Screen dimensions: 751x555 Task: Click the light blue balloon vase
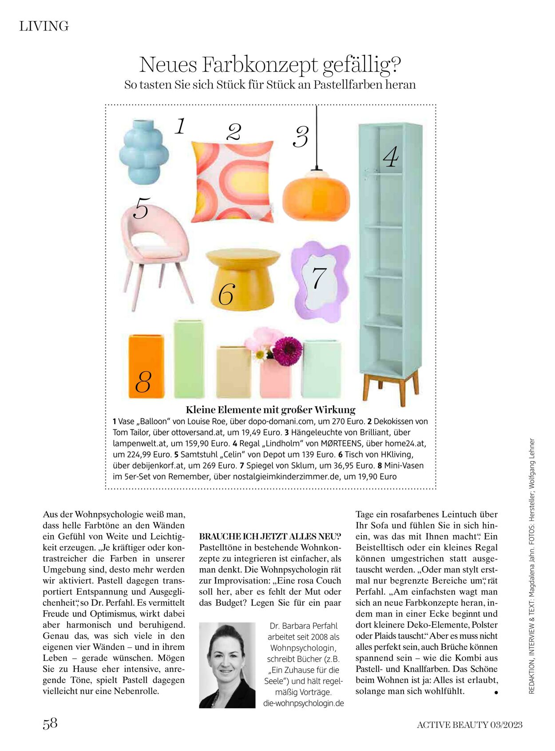point(143,152)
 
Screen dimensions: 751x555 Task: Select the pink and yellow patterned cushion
point(233,181)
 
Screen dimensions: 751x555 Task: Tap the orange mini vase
point(146,366)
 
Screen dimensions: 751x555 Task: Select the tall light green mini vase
point(189,359)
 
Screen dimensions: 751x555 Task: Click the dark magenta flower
point(287,351)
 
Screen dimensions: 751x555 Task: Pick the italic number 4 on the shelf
point(391,157)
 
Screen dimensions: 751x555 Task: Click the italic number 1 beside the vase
point(180,126)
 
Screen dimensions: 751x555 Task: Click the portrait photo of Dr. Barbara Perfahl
point(227,665)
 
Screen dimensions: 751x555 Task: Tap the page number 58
point(50,723)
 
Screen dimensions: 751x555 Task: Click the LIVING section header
point(44,26)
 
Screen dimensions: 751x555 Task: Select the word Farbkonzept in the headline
point(260,65)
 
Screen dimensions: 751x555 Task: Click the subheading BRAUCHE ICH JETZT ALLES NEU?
point(270,536)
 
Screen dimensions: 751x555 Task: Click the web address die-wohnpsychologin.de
point(304,703)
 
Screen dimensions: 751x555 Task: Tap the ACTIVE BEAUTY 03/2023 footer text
point(469,725)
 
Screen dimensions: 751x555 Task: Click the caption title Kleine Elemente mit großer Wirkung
point(270,409)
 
